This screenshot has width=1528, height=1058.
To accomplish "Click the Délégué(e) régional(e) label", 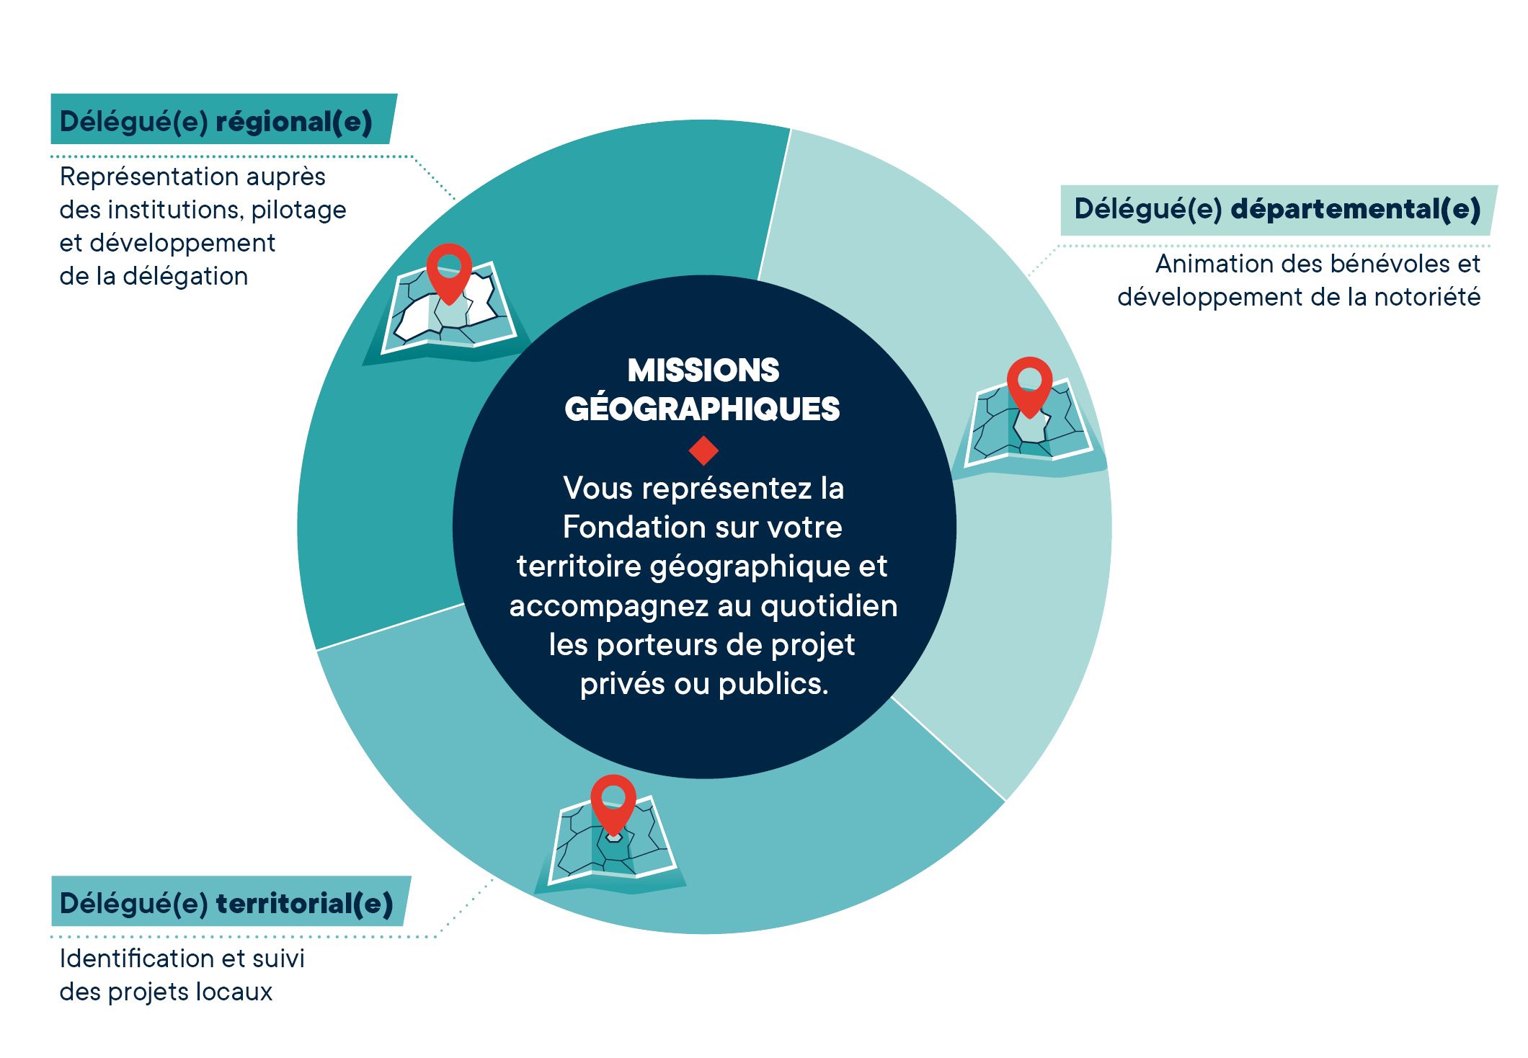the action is (216, 121).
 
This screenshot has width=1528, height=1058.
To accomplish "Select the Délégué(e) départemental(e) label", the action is (1277, 209).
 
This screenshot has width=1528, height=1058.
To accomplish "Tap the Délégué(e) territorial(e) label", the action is (226, 903).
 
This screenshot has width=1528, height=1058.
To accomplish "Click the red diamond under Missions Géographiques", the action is (703, 450).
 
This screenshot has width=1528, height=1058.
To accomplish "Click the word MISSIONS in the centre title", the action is (703, 370).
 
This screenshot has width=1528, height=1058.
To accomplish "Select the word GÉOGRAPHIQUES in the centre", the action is (703, 409).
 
